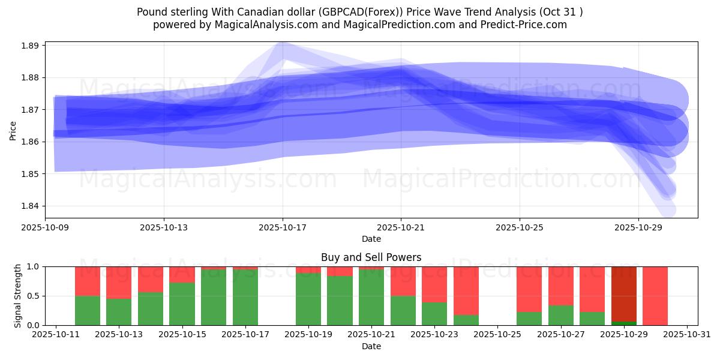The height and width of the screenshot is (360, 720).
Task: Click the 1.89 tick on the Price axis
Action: point(30,46)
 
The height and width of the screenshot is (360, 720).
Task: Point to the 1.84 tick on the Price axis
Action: point(30,206)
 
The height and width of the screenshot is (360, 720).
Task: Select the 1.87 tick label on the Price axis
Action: point(30,110)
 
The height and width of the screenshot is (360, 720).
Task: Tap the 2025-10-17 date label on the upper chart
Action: point(283,228)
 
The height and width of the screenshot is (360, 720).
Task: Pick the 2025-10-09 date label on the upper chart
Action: point(46,228)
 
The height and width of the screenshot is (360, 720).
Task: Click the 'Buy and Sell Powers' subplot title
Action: point(371,257)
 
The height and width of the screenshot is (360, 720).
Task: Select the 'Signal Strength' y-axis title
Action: point(18,295)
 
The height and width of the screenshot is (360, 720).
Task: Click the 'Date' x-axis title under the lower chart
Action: point(371,346)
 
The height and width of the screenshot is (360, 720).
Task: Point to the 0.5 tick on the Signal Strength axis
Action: point(33,296)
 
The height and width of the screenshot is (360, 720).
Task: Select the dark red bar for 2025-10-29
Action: point(624,294)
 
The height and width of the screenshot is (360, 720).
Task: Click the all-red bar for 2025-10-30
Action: point(655,295)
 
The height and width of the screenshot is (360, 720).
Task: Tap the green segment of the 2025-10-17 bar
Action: point(245,297)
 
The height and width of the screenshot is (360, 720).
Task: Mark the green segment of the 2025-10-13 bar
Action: point(119,312)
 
